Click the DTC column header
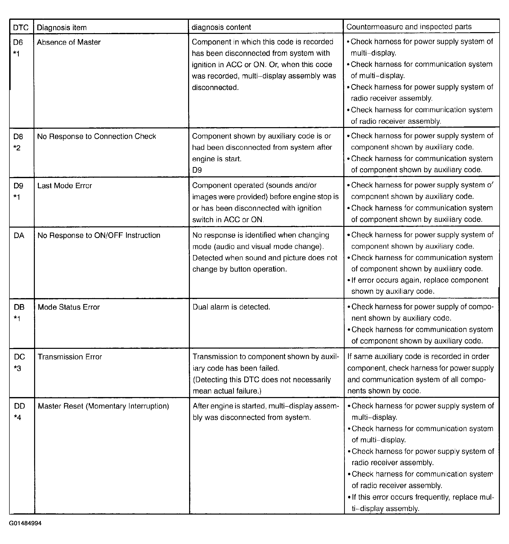21,27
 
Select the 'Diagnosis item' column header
62,27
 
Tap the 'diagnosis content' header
221,27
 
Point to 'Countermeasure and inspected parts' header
409,26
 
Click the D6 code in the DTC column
18,42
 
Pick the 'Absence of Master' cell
69,42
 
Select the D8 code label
18,136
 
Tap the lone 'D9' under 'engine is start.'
197,170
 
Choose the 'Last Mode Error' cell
65,186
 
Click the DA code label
19,235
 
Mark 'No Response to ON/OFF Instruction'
99,235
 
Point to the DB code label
19,307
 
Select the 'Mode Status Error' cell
69,307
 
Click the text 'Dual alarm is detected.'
231,307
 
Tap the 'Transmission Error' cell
70,357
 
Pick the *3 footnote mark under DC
18,368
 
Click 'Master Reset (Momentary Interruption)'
103,406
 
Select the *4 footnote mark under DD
18,418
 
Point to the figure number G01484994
25,523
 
